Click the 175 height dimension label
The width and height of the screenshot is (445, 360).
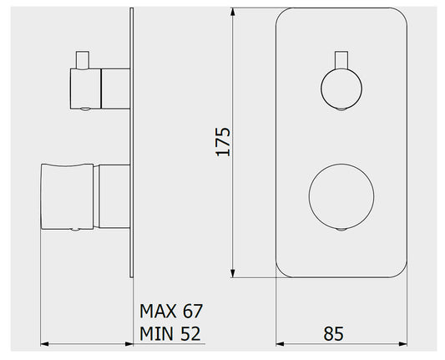(223, 142)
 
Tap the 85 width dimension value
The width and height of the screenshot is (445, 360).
(333, 333)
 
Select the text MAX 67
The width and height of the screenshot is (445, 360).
(171, 312)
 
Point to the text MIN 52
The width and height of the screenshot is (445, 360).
(170, 333)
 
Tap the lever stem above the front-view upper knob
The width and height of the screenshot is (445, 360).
(341, 60)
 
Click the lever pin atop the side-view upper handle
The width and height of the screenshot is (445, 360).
(83, 60)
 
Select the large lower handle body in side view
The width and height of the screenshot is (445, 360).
(68, 196)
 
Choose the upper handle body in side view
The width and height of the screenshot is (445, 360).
(85, 89)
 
